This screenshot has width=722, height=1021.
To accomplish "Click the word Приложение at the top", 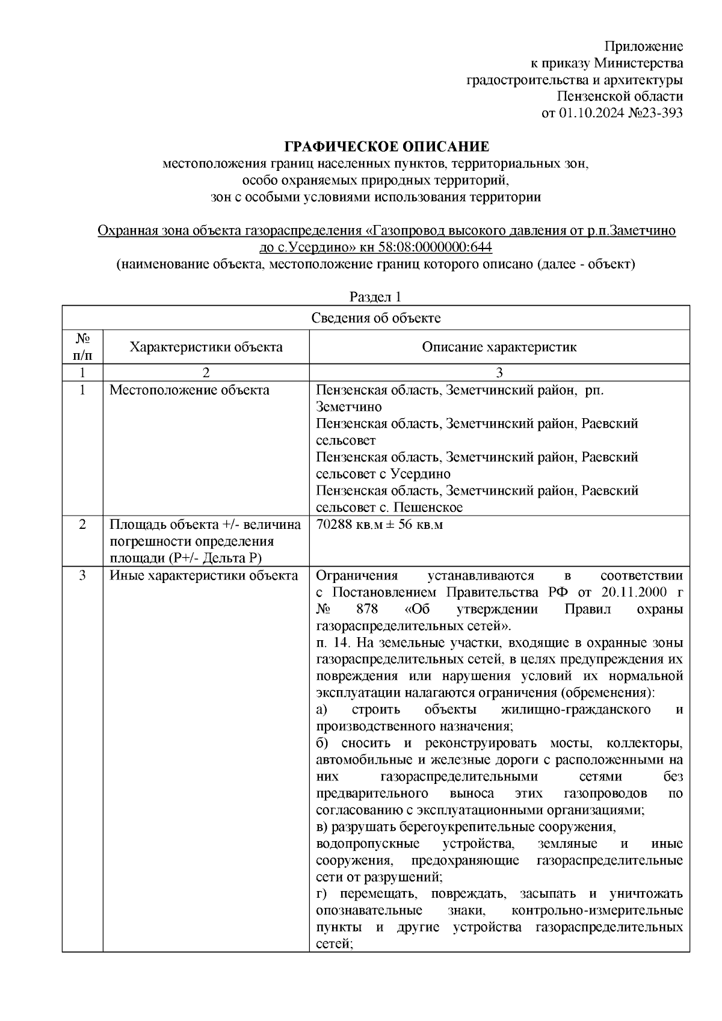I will [x=643, y=47].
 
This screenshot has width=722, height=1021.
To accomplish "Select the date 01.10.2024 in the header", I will [x=588, y=113].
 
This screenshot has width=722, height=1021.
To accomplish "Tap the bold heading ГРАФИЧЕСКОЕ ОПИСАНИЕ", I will [x=387, y=147].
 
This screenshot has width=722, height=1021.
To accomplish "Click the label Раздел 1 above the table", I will [x=375, y=297].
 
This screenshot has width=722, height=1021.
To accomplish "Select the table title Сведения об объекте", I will [x=375, y=318].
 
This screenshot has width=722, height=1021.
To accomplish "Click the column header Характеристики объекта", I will [x=206, y=347].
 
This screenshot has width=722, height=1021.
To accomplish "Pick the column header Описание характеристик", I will [x=499, y=347].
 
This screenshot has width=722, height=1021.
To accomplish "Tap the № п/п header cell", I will [x=82, y=347].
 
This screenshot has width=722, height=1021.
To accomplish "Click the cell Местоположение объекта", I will [x=190, y=390].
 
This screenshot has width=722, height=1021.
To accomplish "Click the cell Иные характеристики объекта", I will [x=203, y=576].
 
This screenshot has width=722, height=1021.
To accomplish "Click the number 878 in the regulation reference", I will [x=367, y=609].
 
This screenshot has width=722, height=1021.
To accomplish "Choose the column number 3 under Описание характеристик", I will [x=499, y=372].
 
